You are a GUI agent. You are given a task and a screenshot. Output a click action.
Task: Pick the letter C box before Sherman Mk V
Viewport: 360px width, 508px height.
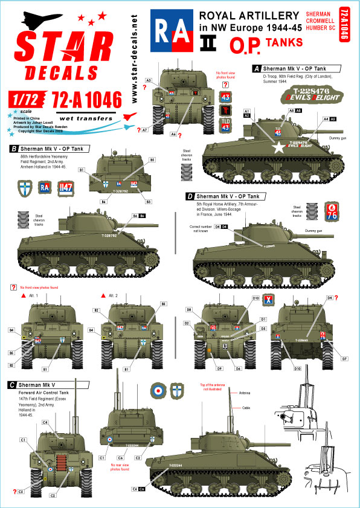point(13,384)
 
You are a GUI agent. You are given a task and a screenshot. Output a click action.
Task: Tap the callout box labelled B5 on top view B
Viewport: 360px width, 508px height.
point(152,159)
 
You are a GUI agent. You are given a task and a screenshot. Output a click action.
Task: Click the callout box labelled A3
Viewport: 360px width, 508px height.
point(148,80)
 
